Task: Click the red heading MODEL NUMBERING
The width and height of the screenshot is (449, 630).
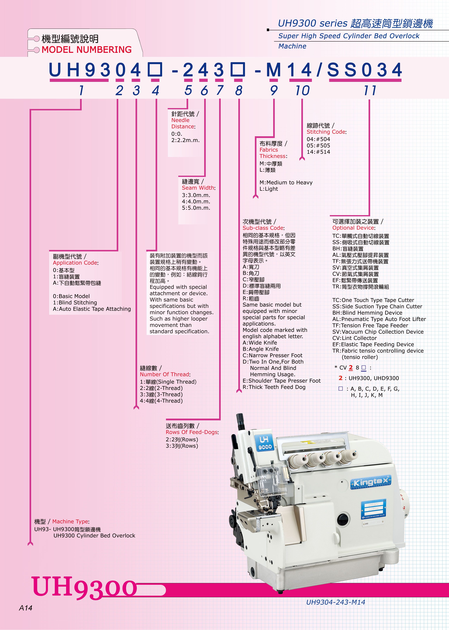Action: click(x=87, y=50)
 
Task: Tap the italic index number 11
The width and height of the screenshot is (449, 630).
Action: click(x=370, y=91)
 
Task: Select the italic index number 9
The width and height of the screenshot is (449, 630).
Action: click(x=274, y=91)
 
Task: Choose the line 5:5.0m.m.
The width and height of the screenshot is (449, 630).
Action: click(x=196, y=208)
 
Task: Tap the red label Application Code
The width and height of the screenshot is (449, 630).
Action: click(x=75, y=263)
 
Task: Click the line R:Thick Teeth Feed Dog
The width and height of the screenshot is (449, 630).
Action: click(x=274, y=387)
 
